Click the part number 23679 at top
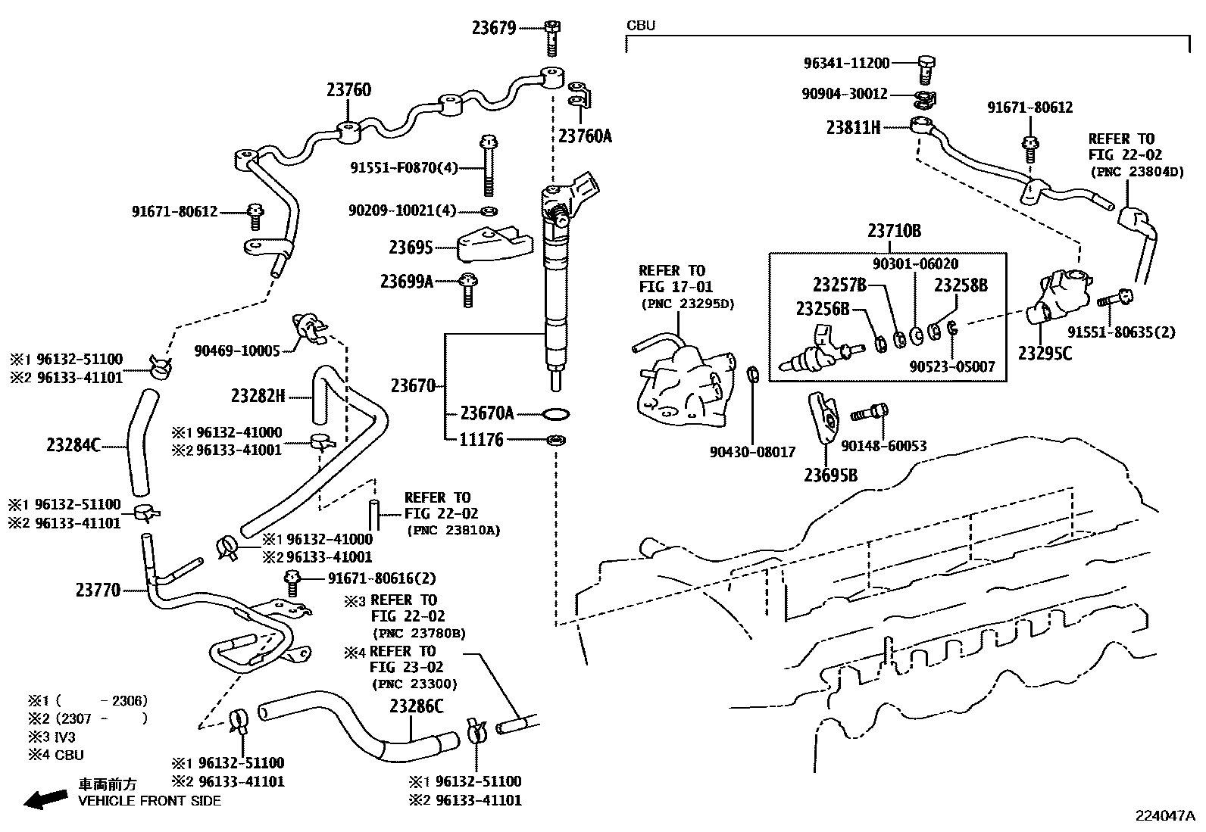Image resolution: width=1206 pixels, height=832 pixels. coord(493,29)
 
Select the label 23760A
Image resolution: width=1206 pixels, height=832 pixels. coord(584,136)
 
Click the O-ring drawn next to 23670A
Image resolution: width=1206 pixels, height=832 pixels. coord(556,413)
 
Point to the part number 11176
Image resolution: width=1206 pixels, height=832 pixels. coord(481,440)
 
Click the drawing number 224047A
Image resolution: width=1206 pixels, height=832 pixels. coord(1164,815)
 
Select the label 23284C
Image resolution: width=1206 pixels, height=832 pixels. coord(73,445)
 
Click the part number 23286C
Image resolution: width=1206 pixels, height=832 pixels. coord(416,706)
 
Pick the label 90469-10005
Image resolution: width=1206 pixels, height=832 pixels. coord(237,350)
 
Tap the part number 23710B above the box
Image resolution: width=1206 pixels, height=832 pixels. coord(894,232)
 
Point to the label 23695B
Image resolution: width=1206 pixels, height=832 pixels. coord(831,475)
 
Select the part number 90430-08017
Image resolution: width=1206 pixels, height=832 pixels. coord(752,452)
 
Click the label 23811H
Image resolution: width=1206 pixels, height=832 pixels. coord(853,127)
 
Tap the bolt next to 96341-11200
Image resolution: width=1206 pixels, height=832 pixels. coord(926,68)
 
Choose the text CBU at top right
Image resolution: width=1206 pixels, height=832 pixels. coord(640,26)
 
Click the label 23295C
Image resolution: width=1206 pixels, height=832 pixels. coord(1045,353)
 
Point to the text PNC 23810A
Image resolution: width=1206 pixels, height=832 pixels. coord(453,531)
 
